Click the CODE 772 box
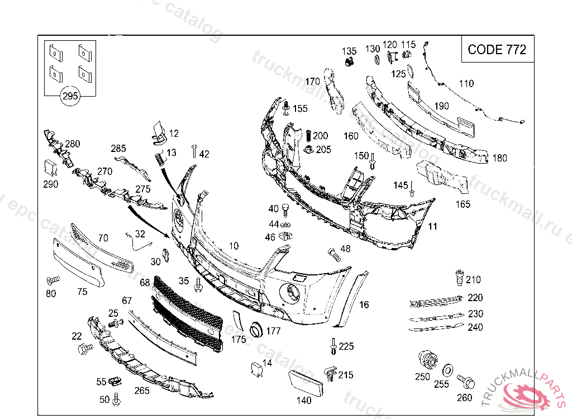pos(496,49)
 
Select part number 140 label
pos(303,400)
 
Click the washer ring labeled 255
pos(447,370)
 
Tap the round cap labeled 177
pos(256,330)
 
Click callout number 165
pos(463,204)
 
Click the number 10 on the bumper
pos(233,246)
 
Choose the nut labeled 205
pos(309,149)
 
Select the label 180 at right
pos(499,158)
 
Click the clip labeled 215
pos(330,373)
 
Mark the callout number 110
pos(466,84)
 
